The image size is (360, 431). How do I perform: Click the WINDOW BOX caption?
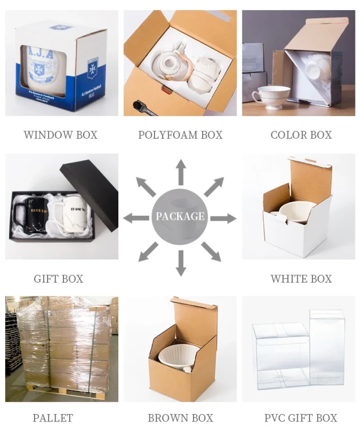(x=61, y=135)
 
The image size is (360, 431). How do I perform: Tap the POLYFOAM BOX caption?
(x=180, y=135)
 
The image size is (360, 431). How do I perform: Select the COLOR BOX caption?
(x=301, y=135)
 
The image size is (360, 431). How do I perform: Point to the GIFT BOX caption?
(x=58, y=279)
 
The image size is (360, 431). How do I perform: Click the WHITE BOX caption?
(x=301, y=279)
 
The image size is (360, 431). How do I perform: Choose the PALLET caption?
(x=53, y=418)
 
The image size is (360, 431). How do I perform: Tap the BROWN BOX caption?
(x=180, y=418)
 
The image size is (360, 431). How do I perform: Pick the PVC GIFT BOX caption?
(x=301, y=418)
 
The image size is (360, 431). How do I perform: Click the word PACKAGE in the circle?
(x=180, y=216)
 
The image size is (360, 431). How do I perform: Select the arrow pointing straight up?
(x=181, y=171)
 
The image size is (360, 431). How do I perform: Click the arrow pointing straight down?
(x=181, y=263)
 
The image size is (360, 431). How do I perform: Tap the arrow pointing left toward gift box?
(x=136, y=217)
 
